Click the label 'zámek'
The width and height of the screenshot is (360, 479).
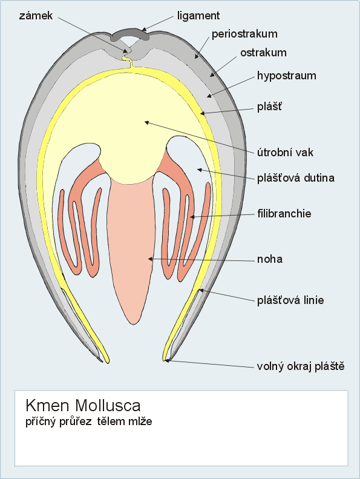click(x=36, y=16)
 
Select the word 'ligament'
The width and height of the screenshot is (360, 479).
click(x=198, y=16)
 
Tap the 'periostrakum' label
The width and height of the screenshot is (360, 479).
click(x=244, y=34)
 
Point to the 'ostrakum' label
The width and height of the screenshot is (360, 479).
click(x=264, y=53)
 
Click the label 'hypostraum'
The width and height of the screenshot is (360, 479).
click(x=287, y=76)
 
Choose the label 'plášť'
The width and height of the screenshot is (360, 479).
click(x=269, y=107)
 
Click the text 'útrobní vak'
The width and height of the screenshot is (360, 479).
click(x=285, y=152)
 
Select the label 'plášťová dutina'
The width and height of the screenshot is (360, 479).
click(x=296, y=177)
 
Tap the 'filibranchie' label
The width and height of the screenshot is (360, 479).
click(x=284, y=213)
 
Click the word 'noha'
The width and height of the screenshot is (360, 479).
click(x=270, y=259)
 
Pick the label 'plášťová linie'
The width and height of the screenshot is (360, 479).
click(x=290, y=300)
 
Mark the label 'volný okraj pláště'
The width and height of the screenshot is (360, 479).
click(x=301, y=366)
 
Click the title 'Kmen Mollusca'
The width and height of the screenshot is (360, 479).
click(x=83, y=405)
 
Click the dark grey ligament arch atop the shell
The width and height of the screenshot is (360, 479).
click(x=129, y=33)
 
